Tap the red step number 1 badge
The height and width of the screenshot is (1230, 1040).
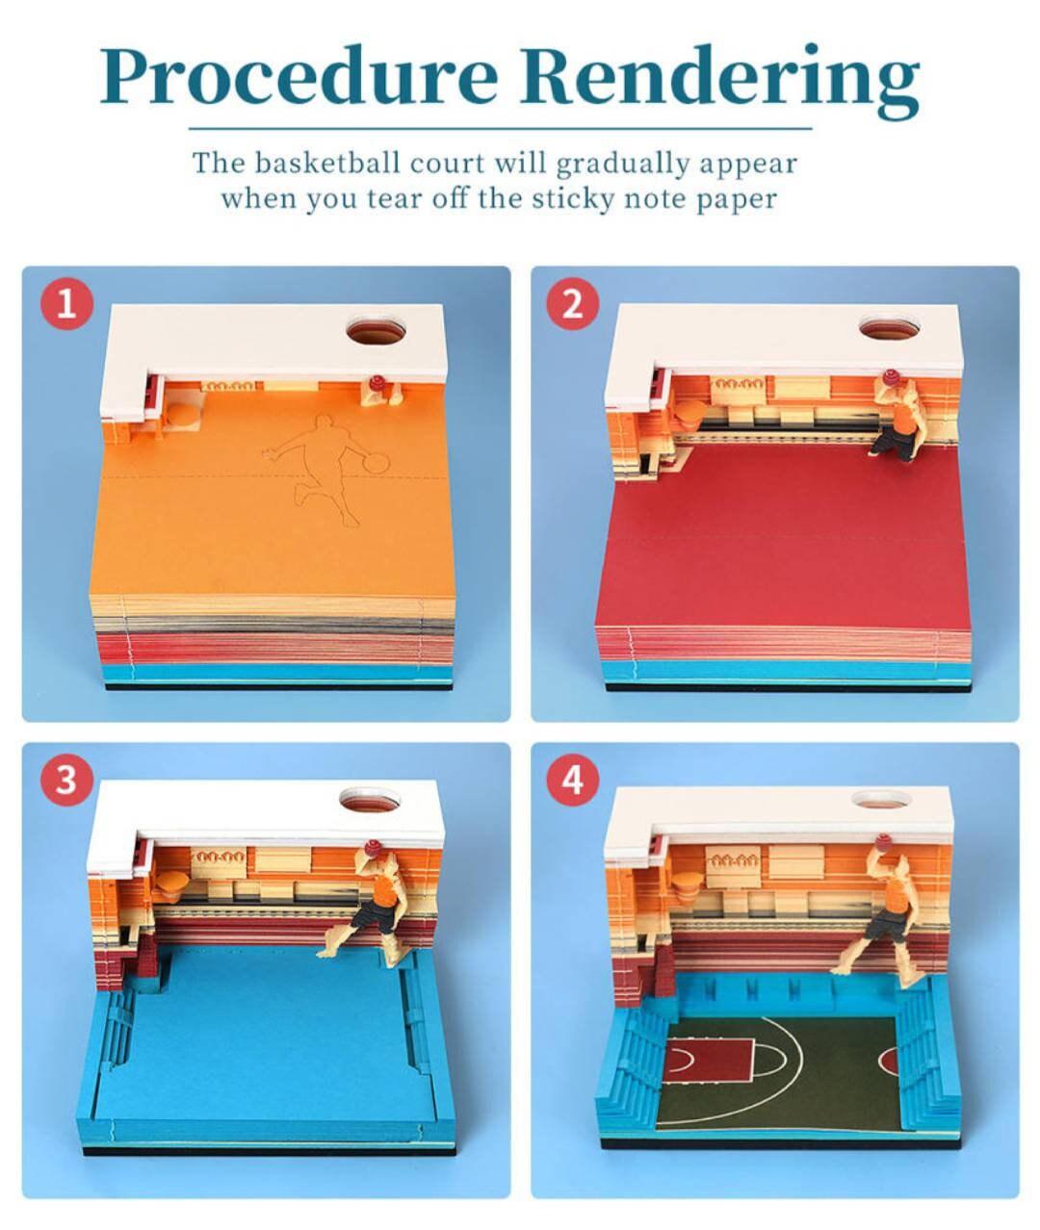[66, 305]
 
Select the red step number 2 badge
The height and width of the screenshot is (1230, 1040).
[572, 305]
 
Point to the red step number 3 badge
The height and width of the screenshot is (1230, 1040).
[66, 780]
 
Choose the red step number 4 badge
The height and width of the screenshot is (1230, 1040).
[572, 780]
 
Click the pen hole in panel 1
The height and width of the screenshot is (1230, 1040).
[377, 333]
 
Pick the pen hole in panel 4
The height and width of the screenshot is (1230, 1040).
[882, 801]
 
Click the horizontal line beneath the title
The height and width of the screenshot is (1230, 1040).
[500, 128]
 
